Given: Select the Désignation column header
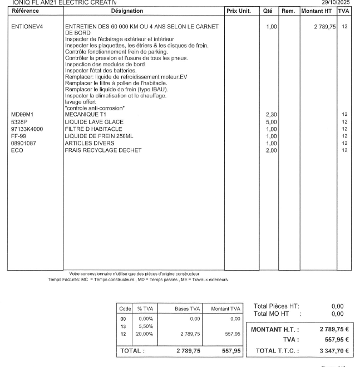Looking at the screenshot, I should point(127,11).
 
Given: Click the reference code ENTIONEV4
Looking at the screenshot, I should point(27,27).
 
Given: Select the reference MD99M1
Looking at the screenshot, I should point(23,115).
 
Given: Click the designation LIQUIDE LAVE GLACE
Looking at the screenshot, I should point(94,122).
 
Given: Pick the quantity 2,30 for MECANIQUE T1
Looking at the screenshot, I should point(271,115).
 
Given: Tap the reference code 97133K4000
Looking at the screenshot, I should point(27,129).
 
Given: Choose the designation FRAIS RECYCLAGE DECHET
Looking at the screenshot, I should point(103,150).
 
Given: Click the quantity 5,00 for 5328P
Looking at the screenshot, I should point(271,122).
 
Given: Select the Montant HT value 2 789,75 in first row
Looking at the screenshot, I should point(325,27).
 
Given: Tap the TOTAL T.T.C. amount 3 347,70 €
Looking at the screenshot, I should point(334,351).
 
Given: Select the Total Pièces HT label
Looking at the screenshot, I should point(276,306).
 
